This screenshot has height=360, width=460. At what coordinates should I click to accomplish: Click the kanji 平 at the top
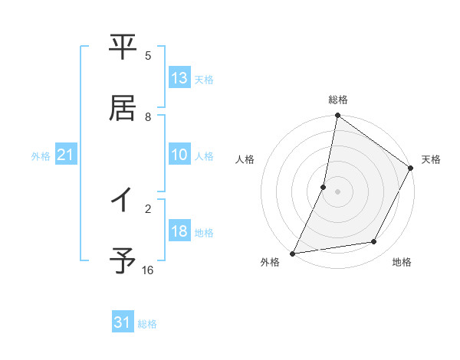(x=123, y=47)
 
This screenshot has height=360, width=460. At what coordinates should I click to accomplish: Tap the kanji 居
(x=123, y=108)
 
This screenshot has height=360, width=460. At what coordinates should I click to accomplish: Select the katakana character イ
(x=123, y=200)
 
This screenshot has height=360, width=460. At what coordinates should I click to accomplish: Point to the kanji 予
(x=123, y=261)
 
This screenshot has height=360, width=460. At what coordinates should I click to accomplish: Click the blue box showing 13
(x=179, y=77)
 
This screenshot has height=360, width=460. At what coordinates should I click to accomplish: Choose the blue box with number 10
(x=179, y=154)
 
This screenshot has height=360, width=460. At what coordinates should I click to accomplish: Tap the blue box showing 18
(x=179, y=231)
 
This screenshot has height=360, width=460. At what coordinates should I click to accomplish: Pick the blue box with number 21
(x=66, y=155)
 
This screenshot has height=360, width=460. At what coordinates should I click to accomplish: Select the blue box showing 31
(x=123, y=322)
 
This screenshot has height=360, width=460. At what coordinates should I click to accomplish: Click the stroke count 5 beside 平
(x=148, y=55)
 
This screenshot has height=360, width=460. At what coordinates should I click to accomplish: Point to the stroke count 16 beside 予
(x=148, y=270)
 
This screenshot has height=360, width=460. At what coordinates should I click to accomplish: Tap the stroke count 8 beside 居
(x=148, y=116)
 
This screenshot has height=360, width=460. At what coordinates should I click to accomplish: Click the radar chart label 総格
(x=338, y=100)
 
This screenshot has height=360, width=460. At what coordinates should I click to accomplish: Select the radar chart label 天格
(x=431, y=159)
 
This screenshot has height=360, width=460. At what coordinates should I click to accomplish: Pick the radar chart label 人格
(x=245, y=159)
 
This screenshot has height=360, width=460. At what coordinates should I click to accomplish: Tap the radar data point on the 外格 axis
(x=293, y=254)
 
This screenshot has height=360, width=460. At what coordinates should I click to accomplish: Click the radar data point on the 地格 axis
(x=374, y=242)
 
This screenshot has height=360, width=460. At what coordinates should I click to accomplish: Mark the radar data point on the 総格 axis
(x=338, y=116)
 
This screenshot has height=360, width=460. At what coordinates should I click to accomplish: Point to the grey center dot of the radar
(x=338, y=191)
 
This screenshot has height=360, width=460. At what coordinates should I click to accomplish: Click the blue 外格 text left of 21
(x=40, y=155)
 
